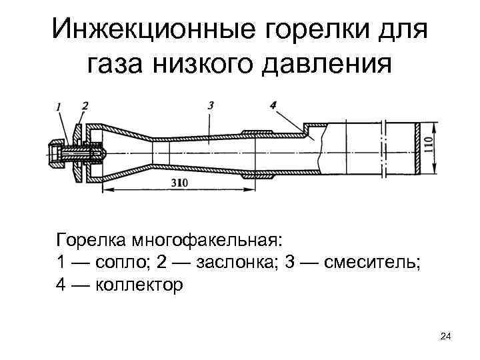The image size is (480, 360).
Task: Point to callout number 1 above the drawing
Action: coord(59,106)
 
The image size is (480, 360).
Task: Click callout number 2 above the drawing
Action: coord(85,105)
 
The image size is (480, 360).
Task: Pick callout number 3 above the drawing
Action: coord(210,105)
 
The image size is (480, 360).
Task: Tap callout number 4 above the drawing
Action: coord(274,105)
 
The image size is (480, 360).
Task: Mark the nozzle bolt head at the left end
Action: coord(54,151)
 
